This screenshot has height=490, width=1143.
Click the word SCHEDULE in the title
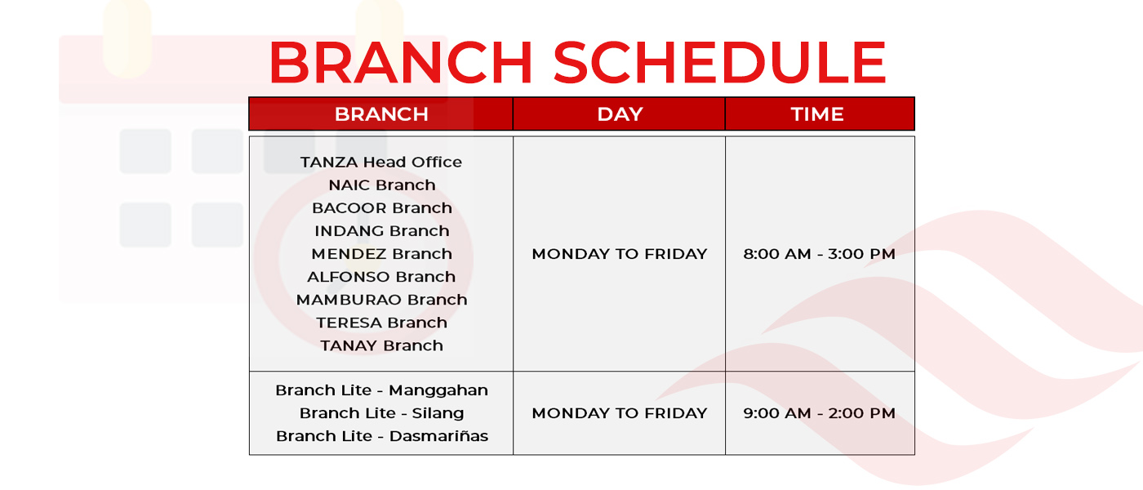(x=720, y=62)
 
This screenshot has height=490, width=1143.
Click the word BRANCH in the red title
(x=401, y=62)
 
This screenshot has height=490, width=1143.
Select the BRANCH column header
(x=381, y=114)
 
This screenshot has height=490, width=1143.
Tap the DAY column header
(x=620, y=114)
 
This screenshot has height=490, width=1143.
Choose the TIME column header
(x=817, y=114)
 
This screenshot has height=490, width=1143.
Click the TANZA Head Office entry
(x=381, y=162)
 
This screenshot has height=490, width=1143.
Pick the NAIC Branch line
(x=382, y=185)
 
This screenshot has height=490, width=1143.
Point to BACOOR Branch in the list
(x=382, y=207)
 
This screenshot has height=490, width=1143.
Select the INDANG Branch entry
(x=382, y=230)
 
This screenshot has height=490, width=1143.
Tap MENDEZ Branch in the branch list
(x=382, y=254)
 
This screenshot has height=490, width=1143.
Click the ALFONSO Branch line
(x=381, y=277)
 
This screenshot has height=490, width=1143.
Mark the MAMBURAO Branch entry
(x=382, y=300)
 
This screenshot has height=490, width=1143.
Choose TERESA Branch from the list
(x=382, y=323)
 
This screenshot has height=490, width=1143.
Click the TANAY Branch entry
(x=382, y=345)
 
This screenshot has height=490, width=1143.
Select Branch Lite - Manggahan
(x=382, y=390)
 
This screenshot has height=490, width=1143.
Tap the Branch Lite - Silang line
(x=382, y=413)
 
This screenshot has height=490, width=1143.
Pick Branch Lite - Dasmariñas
(x=382, y=436)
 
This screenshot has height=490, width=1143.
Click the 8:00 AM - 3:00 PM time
(x=819, y=254)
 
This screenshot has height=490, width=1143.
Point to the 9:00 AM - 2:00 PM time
(x=819, y=413)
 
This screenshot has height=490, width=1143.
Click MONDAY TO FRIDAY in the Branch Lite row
(x=620, y=413)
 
